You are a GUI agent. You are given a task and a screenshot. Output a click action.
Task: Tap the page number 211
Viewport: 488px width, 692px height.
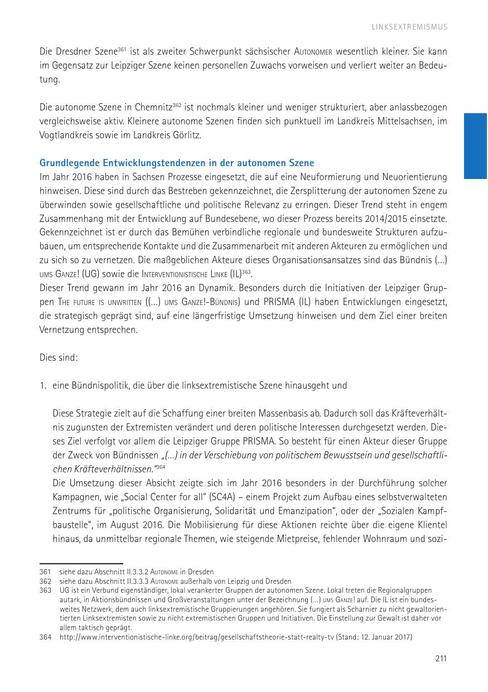click(441, 659)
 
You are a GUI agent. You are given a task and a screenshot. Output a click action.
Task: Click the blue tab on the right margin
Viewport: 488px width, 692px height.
click(476, 146)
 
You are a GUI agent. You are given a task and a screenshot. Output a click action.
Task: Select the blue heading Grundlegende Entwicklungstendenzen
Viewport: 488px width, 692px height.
click(176, 163)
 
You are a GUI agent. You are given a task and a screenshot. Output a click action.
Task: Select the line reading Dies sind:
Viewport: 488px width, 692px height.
click(59, 357)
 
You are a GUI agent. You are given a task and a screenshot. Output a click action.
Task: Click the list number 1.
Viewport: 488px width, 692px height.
click(42, 385)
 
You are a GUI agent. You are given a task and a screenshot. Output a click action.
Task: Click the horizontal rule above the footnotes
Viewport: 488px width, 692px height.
click(81, 564)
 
